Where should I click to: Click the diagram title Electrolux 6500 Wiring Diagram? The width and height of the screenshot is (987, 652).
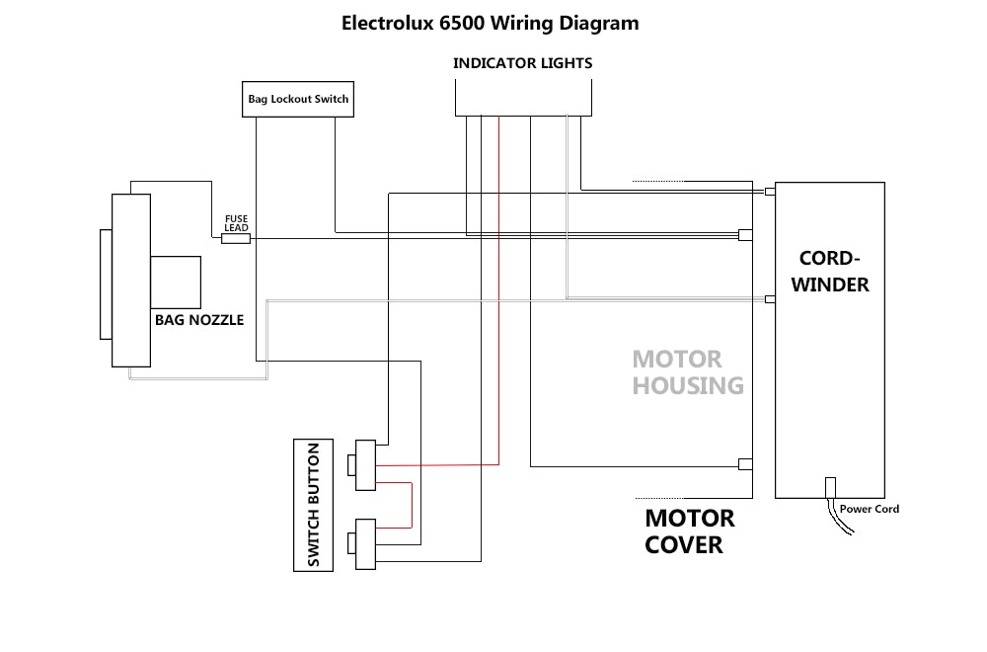point(490,23)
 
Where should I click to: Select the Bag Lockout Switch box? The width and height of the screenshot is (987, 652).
point(297,99)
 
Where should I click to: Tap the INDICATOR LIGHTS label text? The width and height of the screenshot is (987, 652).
point(522,63)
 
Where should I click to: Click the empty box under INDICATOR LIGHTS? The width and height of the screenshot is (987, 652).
point(523,97)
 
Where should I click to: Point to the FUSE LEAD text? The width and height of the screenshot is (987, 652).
point(236,222)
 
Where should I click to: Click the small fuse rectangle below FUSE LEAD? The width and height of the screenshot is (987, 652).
point(235,238)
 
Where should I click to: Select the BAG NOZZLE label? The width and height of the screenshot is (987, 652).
point(198,320)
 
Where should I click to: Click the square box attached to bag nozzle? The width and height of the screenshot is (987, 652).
point(176,282)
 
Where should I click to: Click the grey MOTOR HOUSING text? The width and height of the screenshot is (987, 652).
point(687,372)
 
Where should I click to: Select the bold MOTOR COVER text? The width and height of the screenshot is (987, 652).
point(689,531)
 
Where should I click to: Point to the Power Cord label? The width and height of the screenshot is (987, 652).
point(869,510)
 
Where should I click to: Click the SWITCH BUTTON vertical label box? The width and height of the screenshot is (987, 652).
point(313,505)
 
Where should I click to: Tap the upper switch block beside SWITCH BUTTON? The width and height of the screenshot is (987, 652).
point(366,465)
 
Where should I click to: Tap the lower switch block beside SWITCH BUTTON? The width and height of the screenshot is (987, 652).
point(366,542)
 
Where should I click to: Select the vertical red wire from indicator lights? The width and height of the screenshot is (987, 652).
point(498,296)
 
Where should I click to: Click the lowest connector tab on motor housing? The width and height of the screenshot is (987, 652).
point(746,464)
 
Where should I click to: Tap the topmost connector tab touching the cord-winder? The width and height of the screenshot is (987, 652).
point(771,190)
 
